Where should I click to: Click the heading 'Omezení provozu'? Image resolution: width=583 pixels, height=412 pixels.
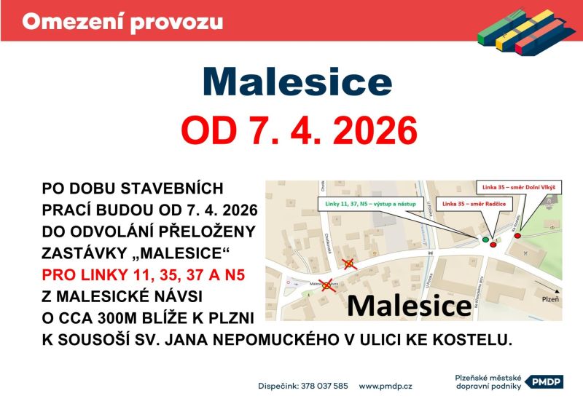(x=122, y=21)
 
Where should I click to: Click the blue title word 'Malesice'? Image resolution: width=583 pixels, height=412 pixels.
(x=297, y=82)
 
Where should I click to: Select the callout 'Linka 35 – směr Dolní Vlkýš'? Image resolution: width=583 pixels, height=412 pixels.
(x=519, y=188)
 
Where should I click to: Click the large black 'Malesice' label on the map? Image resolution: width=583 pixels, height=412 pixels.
(x=408, y=306)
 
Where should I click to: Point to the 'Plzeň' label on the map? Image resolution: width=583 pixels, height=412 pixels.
(x=550, y=299)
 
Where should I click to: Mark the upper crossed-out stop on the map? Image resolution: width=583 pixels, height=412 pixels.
(x=349, y=264)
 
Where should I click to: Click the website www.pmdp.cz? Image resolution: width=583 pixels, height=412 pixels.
(x=386, y=386)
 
